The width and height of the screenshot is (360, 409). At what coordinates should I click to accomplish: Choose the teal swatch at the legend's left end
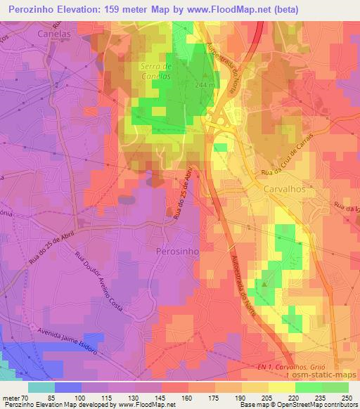[41, 387]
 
